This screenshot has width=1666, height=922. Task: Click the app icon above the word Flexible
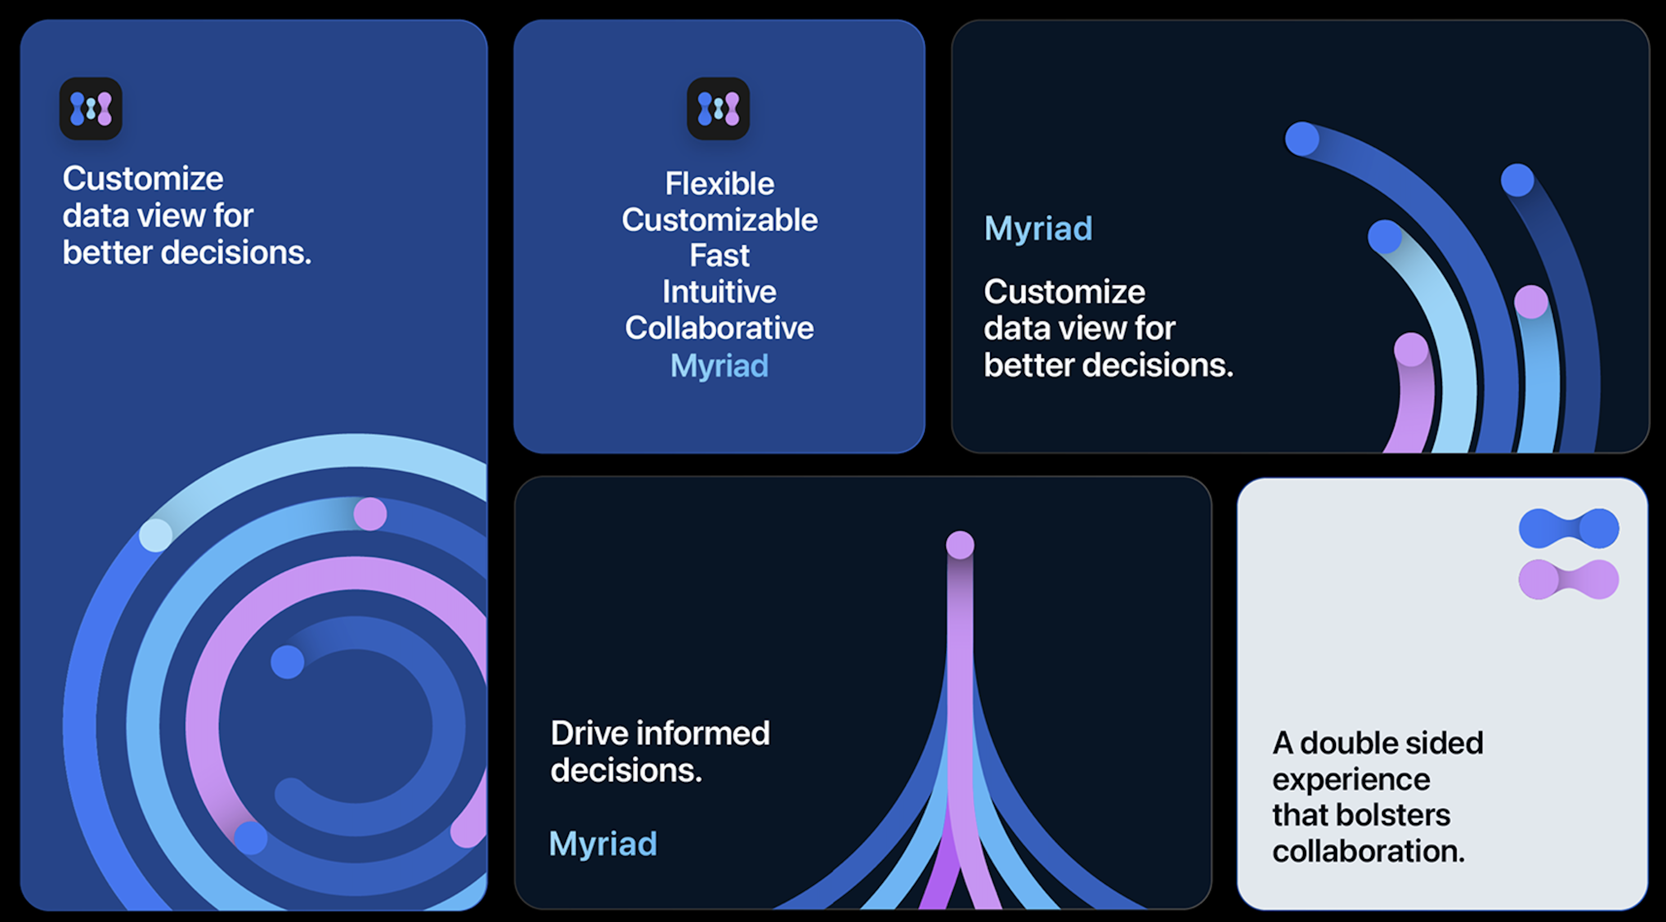coord(718,108)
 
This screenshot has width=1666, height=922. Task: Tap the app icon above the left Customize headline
coord(91,108)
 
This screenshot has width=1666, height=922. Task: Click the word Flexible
coord(719,184)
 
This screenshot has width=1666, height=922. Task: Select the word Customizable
coord(719,220)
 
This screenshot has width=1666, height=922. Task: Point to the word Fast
coord(719,256)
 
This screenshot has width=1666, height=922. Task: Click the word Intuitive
coord(719,292)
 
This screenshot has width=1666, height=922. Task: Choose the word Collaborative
coord(719,328)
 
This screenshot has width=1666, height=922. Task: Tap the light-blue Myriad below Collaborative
coord(719,366)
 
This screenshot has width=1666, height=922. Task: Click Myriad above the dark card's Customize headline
coord(1038,229)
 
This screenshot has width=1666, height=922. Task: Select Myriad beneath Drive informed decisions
coord(603,844)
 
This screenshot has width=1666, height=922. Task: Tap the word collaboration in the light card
coord(1368,852)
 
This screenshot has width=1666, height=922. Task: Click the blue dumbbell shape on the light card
coord(1569,528)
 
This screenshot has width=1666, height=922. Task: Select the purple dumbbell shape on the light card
coord(1569,579)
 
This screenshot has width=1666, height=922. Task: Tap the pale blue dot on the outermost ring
coord(156,535)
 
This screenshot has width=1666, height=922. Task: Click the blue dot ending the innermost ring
coord(287,662)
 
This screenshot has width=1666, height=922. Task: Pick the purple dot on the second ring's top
coord(370,514)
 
